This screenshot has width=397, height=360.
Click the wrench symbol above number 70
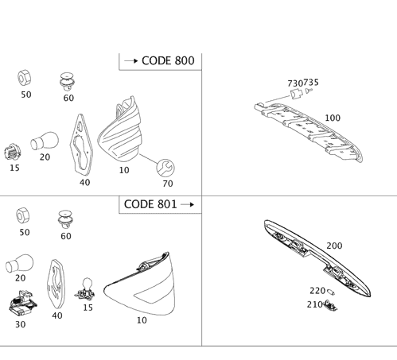pyautogui.click(x=165, y=168)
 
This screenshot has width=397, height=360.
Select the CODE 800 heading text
pyautogui.click(x=168, y=60)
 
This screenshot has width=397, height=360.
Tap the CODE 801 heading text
pyautogui.click(x=150, y=204)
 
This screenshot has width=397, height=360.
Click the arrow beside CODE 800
pyautogui.click(x=131, y=61)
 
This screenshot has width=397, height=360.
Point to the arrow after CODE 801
pyautogui.click(x=187, y=204)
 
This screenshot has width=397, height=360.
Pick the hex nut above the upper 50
pyautogui.click(x=25, y=78)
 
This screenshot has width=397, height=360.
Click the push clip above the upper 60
pyautogui.click(x=67, y=82)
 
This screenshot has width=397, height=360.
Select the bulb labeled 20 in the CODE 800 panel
pyautogui.click(x=45, y=141)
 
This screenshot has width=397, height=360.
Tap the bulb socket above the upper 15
pyautogui.click(x=13, y=152)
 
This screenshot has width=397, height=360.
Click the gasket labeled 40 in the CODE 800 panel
pyautogui.click(x=81, y=145)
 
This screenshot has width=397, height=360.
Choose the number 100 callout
pyautogui.click(x=333, y=118)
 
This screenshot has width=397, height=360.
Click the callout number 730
pyautogui.click(x=295, y=83)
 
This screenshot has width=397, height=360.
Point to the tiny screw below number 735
pyautogui.click(x=309, y=91)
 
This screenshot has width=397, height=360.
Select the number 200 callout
pyautogui.click(x=334, y=246)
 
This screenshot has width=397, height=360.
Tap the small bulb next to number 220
pyautogui.click(x=330, y=292)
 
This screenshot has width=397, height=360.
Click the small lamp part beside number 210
pyautogui.click(x=330, y=305)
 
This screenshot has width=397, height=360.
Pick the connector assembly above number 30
pyautogui.click(x=23, y=304)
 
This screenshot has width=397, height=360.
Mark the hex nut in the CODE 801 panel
pyautogui.click(x=23, y=215)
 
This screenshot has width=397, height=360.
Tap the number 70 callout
pyautogui.click(x=168, y=184)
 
